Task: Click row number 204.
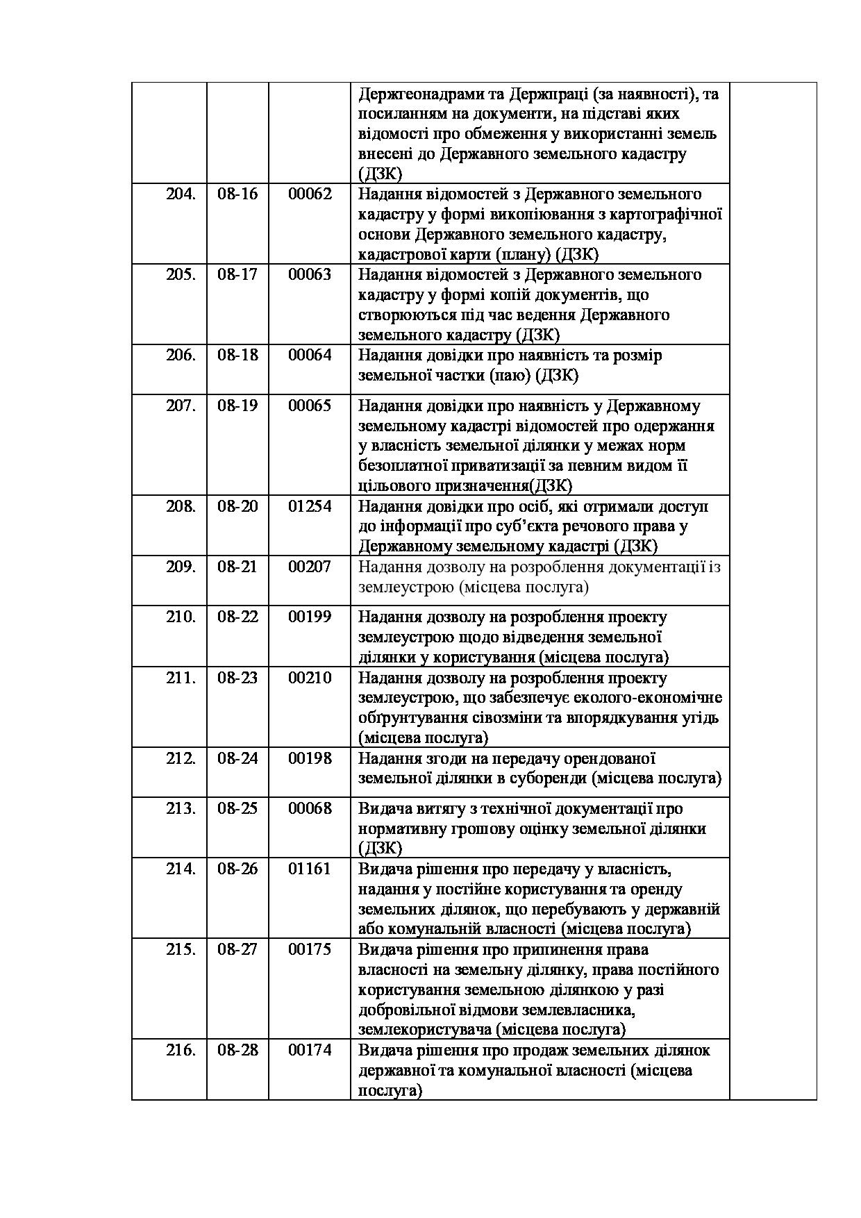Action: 181,194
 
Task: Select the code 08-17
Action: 237,274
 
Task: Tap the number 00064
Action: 310,355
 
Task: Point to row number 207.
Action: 181,406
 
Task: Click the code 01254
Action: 310,506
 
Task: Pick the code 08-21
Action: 237,567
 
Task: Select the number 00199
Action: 310,617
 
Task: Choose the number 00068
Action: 310,808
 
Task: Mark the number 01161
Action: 310,869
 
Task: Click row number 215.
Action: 181,949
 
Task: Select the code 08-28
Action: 237,1050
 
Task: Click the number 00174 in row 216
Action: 310,1050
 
